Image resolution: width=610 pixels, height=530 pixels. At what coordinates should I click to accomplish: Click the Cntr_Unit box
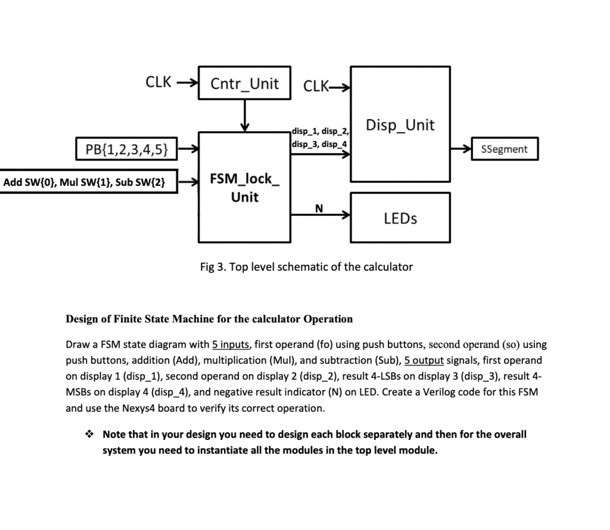[x=244, y=83]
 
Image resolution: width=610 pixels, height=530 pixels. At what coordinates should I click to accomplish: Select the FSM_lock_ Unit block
[x=244, y=187]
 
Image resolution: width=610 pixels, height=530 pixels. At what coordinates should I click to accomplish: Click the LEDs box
[x=400, y=218]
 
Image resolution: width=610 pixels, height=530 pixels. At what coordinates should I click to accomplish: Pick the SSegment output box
[x=504, y=149]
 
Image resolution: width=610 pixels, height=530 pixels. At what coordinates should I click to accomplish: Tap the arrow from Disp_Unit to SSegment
[x=460, y=149]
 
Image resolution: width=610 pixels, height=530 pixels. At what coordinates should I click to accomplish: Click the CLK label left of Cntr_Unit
[x=158, y=82]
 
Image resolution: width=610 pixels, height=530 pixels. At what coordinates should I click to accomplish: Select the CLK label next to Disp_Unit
[x=316, y=86]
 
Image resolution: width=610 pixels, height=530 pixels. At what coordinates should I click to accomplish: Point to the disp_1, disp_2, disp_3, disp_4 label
[x=320, y=138]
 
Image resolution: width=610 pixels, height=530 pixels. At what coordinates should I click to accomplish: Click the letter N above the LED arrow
[x=319, y=207]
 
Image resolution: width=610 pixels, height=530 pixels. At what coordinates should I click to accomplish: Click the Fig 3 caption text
[x=306, y=266]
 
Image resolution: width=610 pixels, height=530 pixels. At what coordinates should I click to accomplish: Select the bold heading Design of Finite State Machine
[x=208, y=318]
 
